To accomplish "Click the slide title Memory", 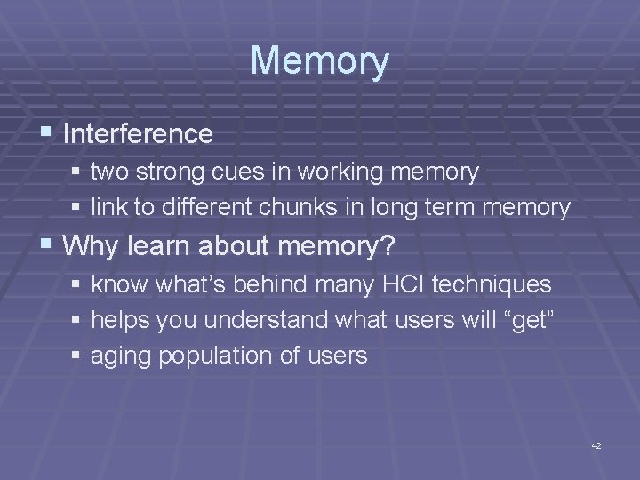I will click(320, 60).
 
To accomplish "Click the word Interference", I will click(138, 134).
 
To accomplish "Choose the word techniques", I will click(497, 285).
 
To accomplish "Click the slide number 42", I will click(596, 445).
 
